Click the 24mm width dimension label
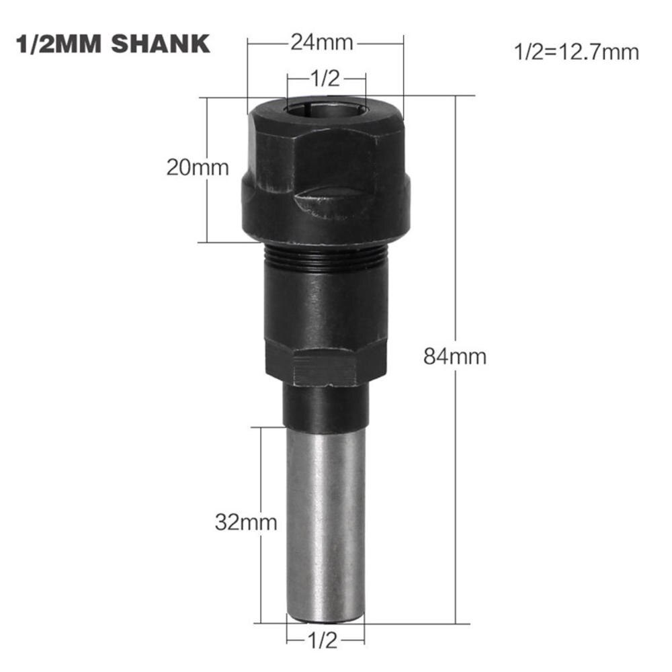[321, 43]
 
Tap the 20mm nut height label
[197, 167]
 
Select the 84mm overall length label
[455, 355]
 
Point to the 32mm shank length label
[246, 522]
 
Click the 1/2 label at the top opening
[326, 79]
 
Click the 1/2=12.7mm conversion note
[576, 52]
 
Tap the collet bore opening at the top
[326, 108]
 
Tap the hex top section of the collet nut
[326, 148]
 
